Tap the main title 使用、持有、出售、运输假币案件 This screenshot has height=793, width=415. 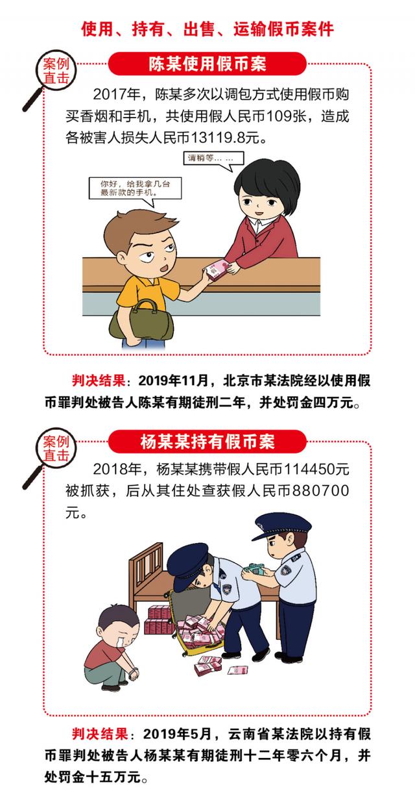(207, 29)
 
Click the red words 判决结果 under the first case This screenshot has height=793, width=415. (97, 380)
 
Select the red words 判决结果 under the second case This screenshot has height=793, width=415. (97, 734)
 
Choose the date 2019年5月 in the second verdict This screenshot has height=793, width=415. (178, 734)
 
